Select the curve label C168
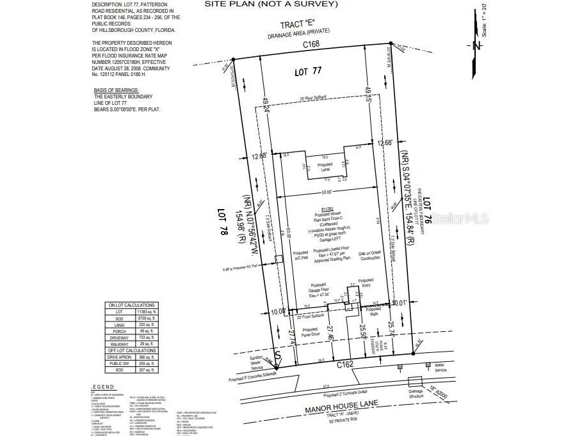pos(312,45)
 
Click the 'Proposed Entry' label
pos(366,283)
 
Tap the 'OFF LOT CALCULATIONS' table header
pos(131,350)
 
